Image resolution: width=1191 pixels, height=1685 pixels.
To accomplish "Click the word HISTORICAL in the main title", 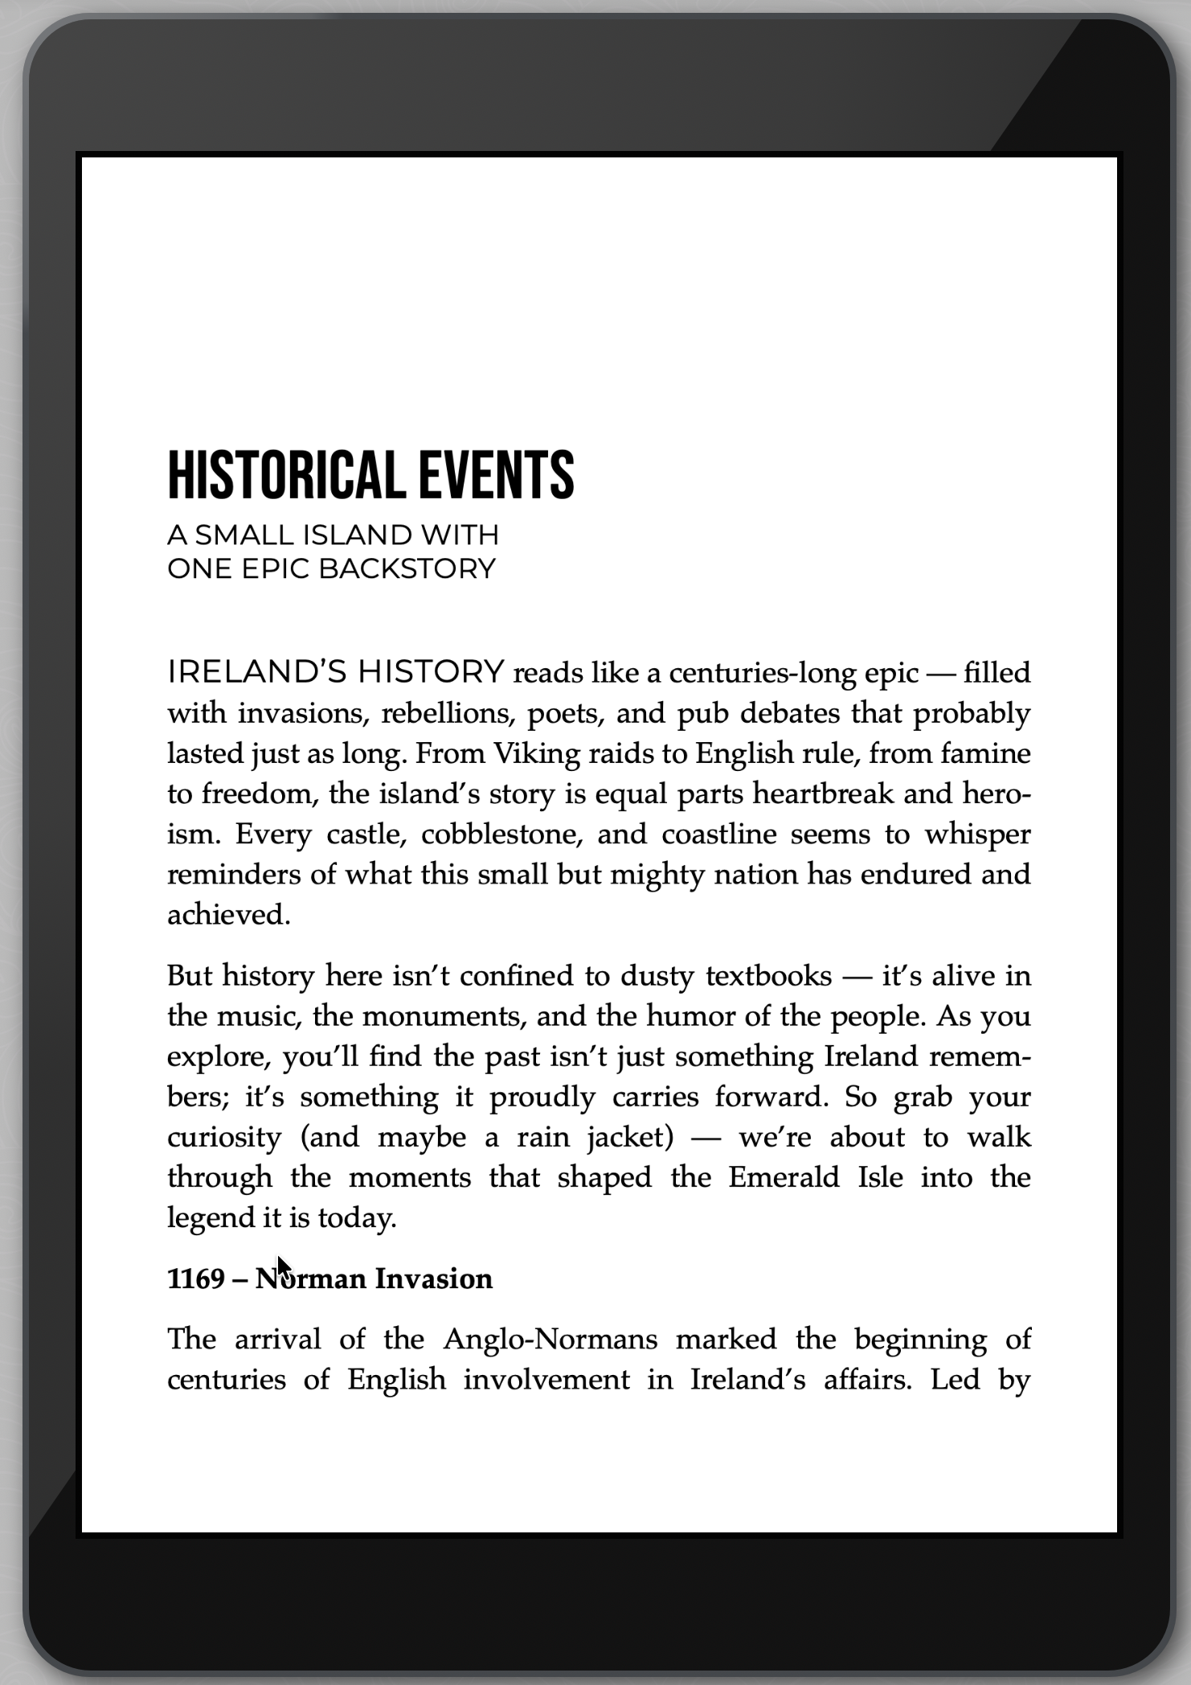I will coord(285,475).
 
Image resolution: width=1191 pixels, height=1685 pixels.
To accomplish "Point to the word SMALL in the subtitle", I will coord(244,535).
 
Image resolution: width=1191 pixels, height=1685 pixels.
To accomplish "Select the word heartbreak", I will coord(823,794).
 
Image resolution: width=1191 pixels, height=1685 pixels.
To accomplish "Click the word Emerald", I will coord(784,1177).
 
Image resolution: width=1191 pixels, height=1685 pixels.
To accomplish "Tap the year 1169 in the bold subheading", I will coord(195,1279).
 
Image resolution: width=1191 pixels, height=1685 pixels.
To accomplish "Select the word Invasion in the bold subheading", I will coord(434,1279).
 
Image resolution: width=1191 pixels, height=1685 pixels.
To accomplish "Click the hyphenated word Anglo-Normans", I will coord(550,1340).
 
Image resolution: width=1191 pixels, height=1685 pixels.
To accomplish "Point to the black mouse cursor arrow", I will coord(283,1267).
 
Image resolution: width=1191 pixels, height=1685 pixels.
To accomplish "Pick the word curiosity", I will coord(224,1137).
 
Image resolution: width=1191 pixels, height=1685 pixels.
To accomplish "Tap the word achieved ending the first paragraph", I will coord(228,915).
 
